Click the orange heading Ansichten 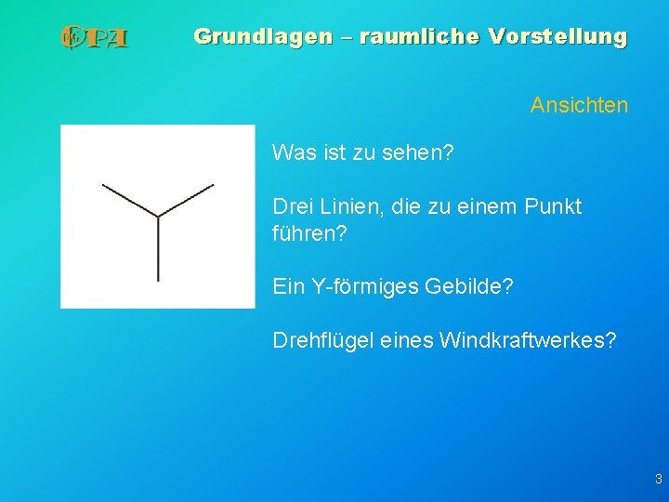click(579, 106)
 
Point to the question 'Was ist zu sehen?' click(363, 152)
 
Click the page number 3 click(658, 480)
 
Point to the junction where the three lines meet click(158, 217)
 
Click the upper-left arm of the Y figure click(130, 201)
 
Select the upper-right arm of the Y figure click(187, 200)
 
